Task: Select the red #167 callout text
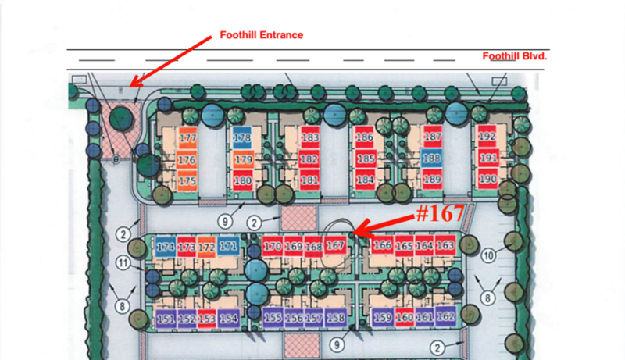(x=440, y=213)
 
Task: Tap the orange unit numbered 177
(x=187, y=139)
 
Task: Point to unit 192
(x=487, y=137)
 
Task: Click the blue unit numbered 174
(x=165, y=248)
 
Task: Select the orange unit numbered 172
(x=206, y=248)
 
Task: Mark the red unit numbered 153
(x=207, y=319)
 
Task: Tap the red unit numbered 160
(x=405, y=318)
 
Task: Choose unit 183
(x=310, y=138)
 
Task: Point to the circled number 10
(x=489, y=255)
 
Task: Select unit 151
(x=166, y=319)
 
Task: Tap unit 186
(x=365, y=138)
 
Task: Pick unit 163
(x=445, y=246)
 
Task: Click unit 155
(x=273, y=318)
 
